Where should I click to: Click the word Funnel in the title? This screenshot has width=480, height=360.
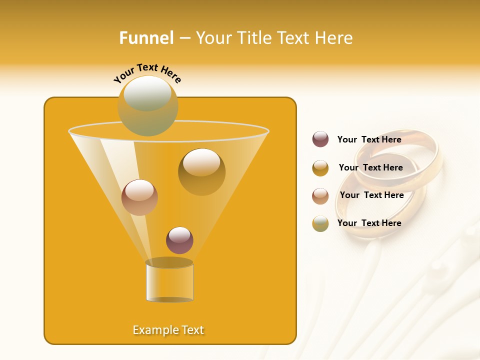(146, 38)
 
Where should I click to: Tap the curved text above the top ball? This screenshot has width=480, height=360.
(147, 72)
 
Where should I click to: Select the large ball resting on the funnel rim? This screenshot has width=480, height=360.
(147, 105)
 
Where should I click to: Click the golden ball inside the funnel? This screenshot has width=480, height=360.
(201, 171)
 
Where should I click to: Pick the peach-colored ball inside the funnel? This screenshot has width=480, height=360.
(139, 197)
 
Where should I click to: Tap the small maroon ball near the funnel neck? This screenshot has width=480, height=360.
(179, 240)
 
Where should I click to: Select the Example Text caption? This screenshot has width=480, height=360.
(168, 330)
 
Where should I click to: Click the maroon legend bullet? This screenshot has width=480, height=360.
(320, 139)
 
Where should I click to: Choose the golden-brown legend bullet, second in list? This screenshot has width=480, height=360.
(320, 168)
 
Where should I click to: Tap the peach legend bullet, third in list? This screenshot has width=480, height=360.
(320, 195)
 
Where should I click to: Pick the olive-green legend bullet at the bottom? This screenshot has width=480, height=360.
(320, 223)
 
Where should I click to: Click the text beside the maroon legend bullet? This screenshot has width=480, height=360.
(369, 139)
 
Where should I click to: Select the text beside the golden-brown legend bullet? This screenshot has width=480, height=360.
(370, 167)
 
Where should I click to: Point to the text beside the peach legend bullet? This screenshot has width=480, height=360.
(371, 195)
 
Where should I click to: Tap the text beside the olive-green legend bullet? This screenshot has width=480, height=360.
(369, 223)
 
